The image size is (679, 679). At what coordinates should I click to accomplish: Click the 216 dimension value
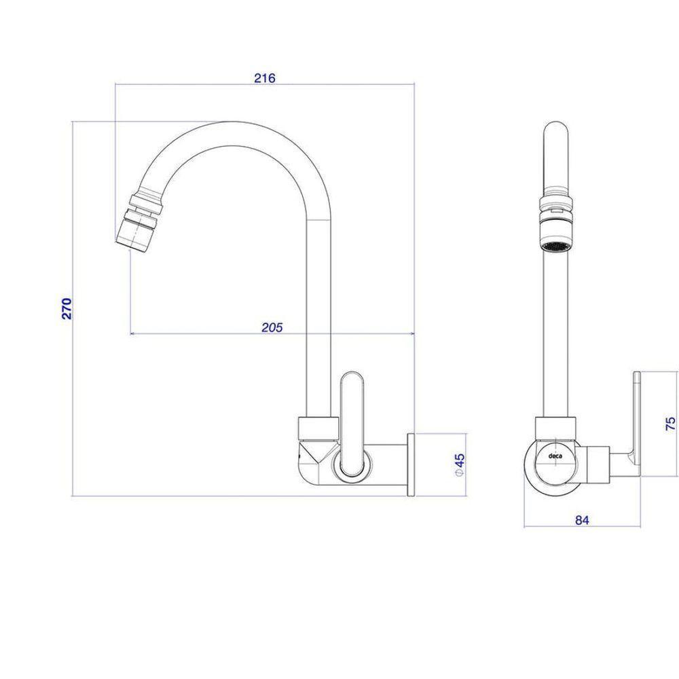click(264, 77)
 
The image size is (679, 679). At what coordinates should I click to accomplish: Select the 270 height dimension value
click(67, 308)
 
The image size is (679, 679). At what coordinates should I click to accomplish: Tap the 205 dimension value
click(272, 327)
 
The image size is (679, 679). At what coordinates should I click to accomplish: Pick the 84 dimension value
click(581, 520)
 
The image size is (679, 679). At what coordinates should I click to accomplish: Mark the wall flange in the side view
click(410, 465)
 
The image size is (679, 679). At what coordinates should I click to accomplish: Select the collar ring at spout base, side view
click(317, 428)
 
